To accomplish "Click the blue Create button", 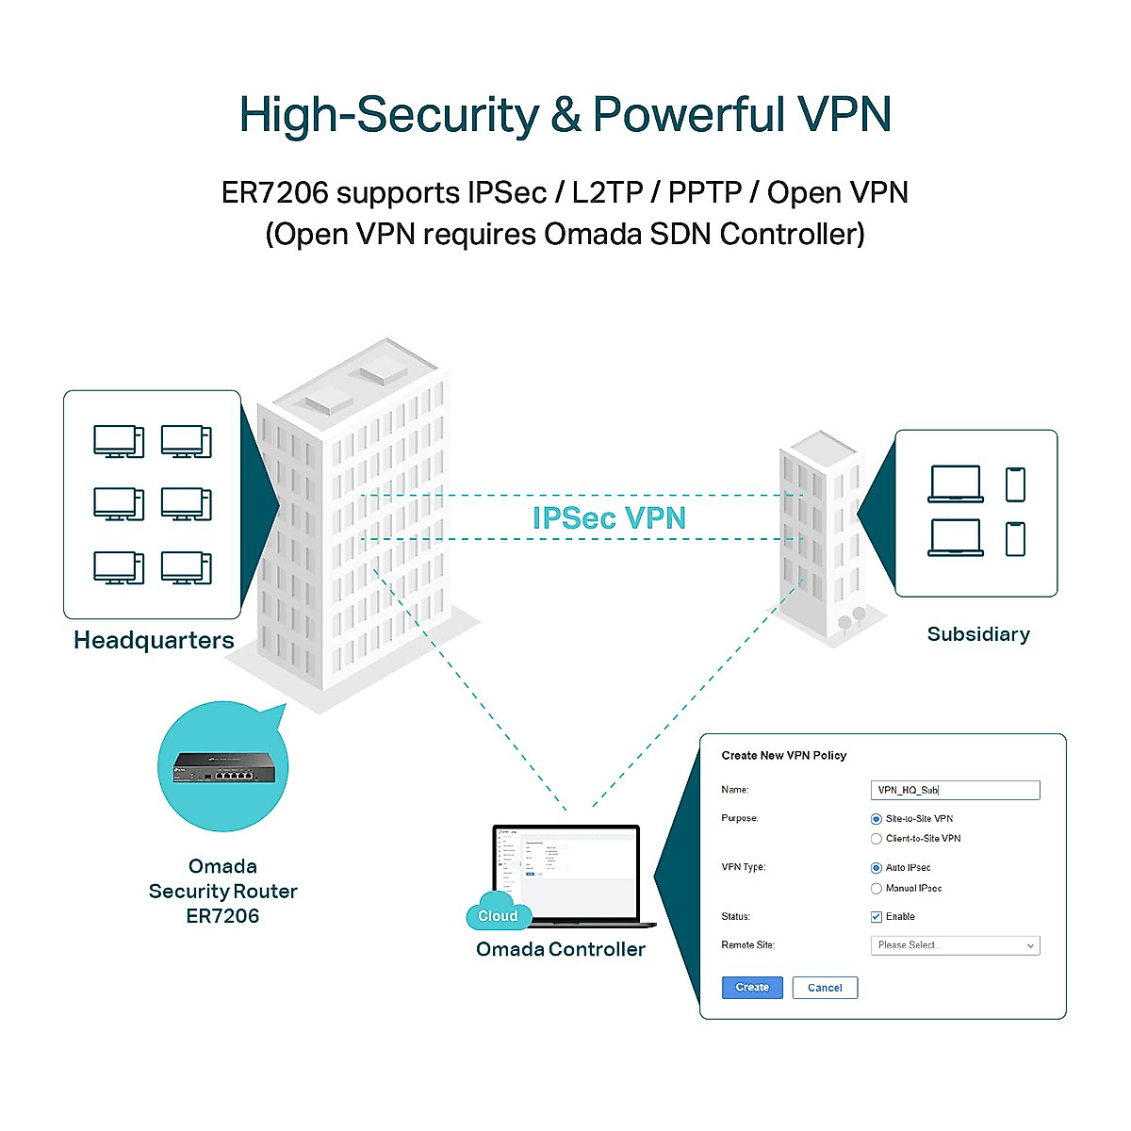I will (752, 987).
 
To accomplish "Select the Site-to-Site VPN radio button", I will (877, 819).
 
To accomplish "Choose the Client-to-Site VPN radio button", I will (877, 839).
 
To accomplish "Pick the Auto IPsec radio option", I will (877, 868).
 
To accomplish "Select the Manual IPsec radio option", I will (877, 889).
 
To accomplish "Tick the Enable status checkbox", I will (877, 917).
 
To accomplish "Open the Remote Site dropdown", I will (955, 945).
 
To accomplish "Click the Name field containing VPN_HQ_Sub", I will (955, 790).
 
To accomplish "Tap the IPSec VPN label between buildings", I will (609, 518).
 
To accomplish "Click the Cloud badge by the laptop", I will (498, 915).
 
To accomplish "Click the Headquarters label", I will (154, 641).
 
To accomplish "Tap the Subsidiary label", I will (978, 634).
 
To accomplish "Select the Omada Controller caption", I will (561, 949).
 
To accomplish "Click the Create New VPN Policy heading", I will (783, 756).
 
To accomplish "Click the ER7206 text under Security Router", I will (222, 916).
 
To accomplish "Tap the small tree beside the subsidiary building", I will (858, 617).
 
